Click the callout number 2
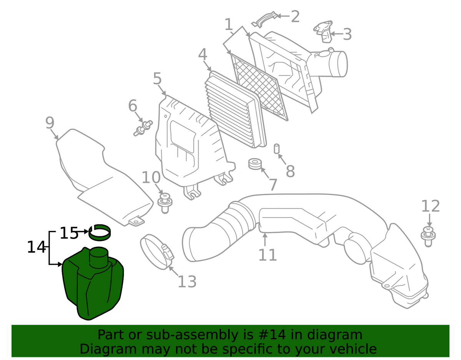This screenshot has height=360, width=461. click(295, 17)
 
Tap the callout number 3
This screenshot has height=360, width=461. click(347, 34)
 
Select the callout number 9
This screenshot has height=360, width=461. click(50, 123)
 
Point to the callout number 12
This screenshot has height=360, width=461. click(430, 206)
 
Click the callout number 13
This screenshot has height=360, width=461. click(187, 282)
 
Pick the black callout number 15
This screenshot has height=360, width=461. click(69, 233)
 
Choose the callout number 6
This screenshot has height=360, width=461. click(133, 106)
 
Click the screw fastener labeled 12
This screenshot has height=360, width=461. click(428, 237)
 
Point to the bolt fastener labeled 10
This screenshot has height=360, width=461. click(165, 203)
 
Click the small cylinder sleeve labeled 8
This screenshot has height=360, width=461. click(277, 148)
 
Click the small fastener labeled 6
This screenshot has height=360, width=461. click(143, 128)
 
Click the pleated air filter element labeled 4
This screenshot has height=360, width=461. click(235, 109)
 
